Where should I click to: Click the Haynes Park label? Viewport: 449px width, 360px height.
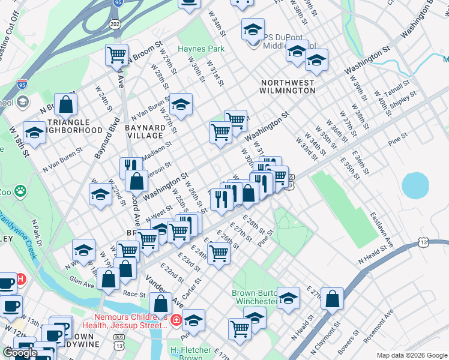coord(200,49)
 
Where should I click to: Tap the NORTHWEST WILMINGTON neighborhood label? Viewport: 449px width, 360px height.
coord(288,86)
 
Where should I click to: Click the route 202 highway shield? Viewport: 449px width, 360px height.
coord(114,23)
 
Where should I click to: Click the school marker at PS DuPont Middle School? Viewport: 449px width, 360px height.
coord(253,29)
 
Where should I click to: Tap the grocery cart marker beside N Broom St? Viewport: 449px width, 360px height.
coord(116,55)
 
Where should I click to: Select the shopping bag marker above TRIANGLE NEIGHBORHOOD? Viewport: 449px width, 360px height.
coord(66,104)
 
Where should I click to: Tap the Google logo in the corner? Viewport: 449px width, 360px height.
coord(20,353)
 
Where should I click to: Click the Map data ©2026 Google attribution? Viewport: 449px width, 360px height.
coord(411,355)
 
